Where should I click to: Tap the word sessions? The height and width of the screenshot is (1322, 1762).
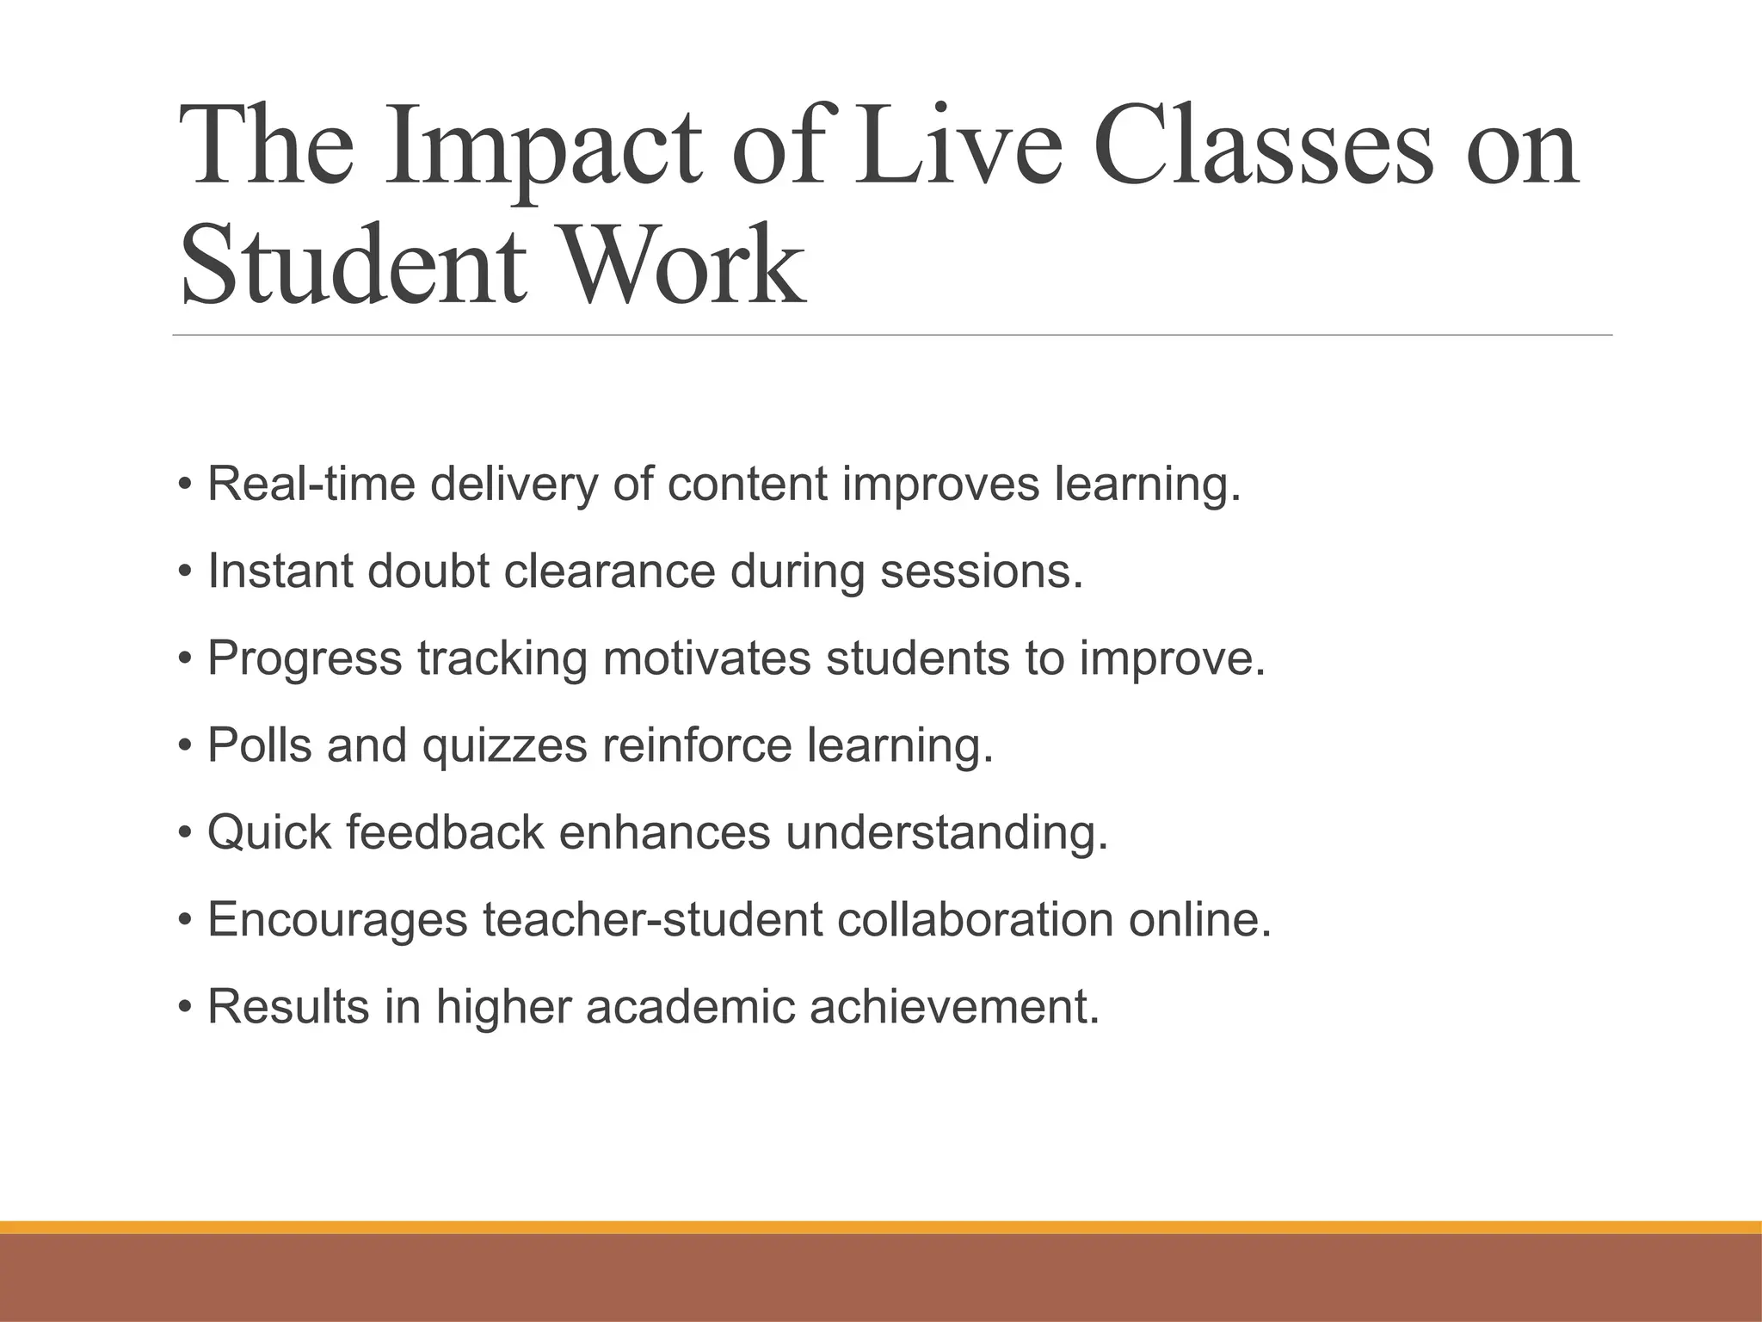[x=981, y=571]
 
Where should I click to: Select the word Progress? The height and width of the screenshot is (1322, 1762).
[x=305, y=658]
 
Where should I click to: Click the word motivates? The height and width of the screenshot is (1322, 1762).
[x=706, y=658]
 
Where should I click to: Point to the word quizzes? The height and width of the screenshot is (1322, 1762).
[x=504, y=745]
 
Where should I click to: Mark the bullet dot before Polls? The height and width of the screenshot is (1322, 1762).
[x=184, y=745]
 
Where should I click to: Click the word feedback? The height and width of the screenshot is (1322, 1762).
[x=445, y=832]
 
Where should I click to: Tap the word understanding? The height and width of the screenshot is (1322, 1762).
[x=946, y=832]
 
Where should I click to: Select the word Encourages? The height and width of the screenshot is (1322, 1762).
[x=338, y=919]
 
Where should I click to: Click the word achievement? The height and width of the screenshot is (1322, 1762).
[x=954, y=1006]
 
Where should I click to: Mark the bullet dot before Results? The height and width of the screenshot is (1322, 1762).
[x=184, y=1006]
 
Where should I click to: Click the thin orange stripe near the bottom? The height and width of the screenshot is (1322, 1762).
[x=881, y=1227]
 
